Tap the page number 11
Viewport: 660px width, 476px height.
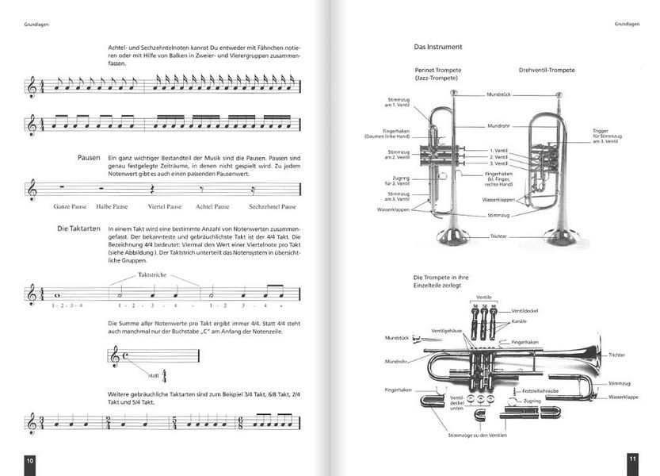pyautogui.click(x=631, y=459)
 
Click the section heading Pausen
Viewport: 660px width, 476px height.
pyautogui.click(x=90, y=158)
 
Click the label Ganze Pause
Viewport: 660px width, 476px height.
pyautogui.click(x=69, y=206)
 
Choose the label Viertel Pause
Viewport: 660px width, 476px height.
pyautogui.click(x=164, y=206)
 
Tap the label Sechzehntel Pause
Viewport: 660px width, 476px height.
pyautogui.click(x=272, y=206)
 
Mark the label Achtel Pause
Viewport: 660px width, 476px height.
pyautogui.click(x=212, y=206)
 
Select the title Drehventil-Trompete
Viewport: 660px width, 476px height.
pyautogui.click(x=547, y=70)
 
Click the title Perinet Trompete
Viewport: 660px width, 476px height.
pyautogui.click(x=438, y=70)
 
